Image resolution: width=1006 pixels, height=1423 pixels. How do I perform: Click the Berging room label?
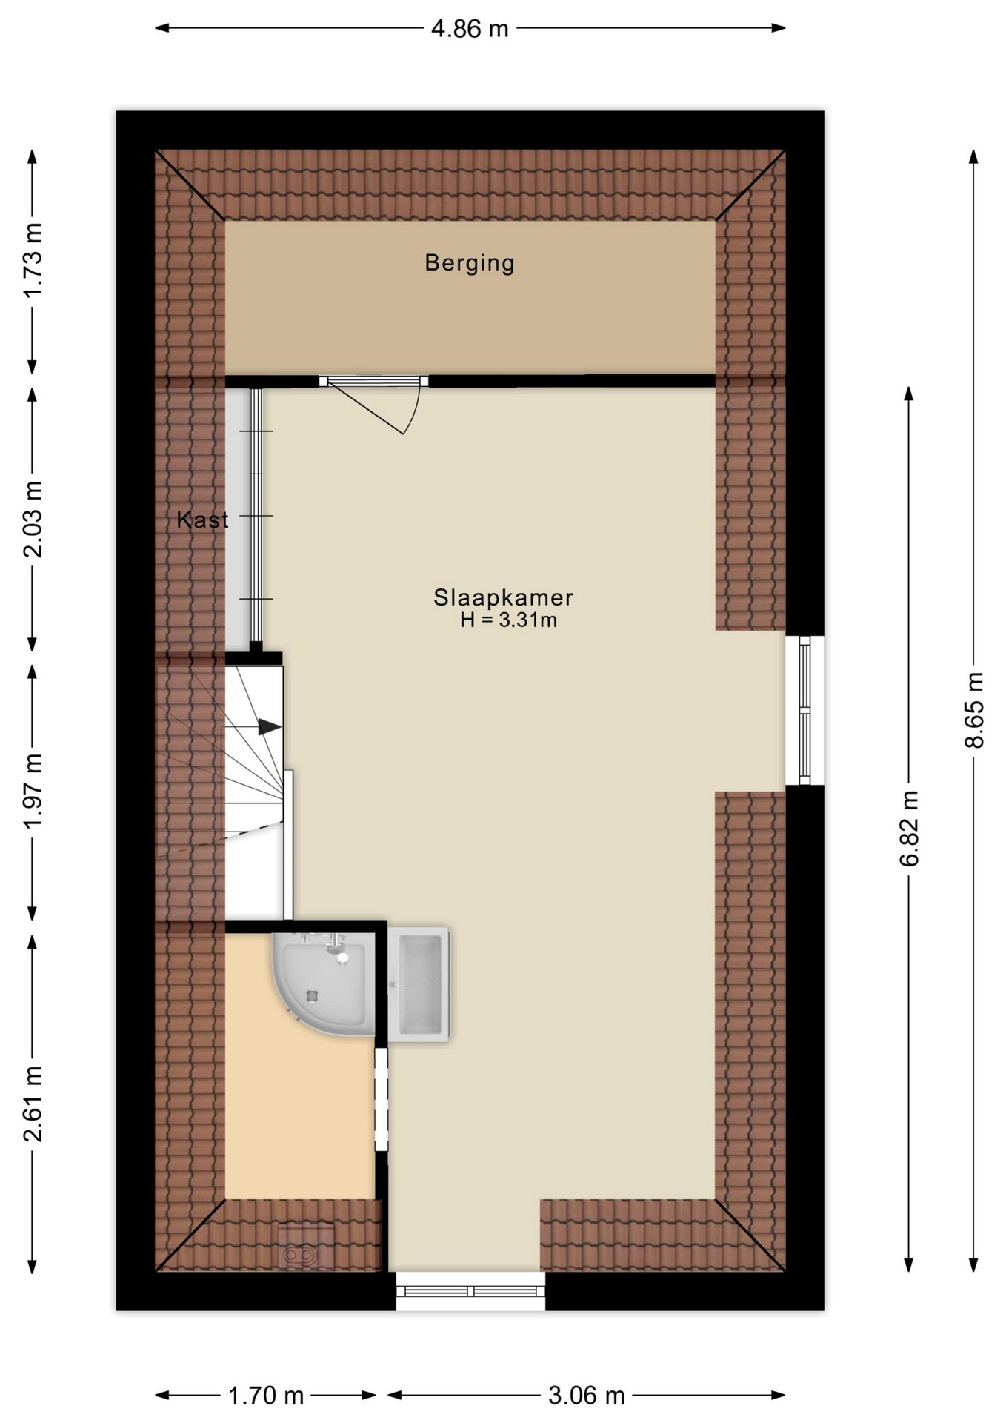pos(470,263)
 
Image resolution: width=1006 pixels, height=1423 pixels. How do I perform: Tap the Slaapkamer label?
pos(504,597)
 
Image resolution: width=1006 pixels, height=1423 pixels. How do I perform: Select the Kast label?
pos(202,520)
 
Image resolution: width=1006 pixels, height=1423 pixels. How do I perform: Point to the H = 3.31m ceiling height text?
pos(508,620)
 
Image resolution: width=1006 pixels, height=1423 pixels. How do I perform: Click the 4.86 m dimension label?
pos(470,28)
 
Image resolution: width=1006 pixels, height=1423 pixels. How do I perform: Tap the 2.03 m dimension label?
pos(33,519)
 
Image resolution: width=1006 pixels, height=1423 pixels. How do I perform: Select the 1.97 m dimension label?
pos(33,791)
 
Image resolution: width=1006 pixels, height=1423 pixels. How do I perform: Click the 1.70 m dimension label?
pos(266,1396)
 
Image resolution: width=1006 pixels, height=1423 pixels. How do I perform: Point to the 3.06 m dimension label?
pos(587,1396)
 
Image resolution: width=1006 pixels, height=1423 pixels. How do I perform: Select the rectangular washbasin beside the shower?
pos(419,984)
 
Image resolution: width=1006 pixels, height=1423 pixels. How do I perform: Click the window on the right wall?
pos(805,710)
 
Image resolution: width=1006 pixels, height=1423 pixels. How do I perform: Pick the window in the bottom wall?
pos(470,1291)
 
